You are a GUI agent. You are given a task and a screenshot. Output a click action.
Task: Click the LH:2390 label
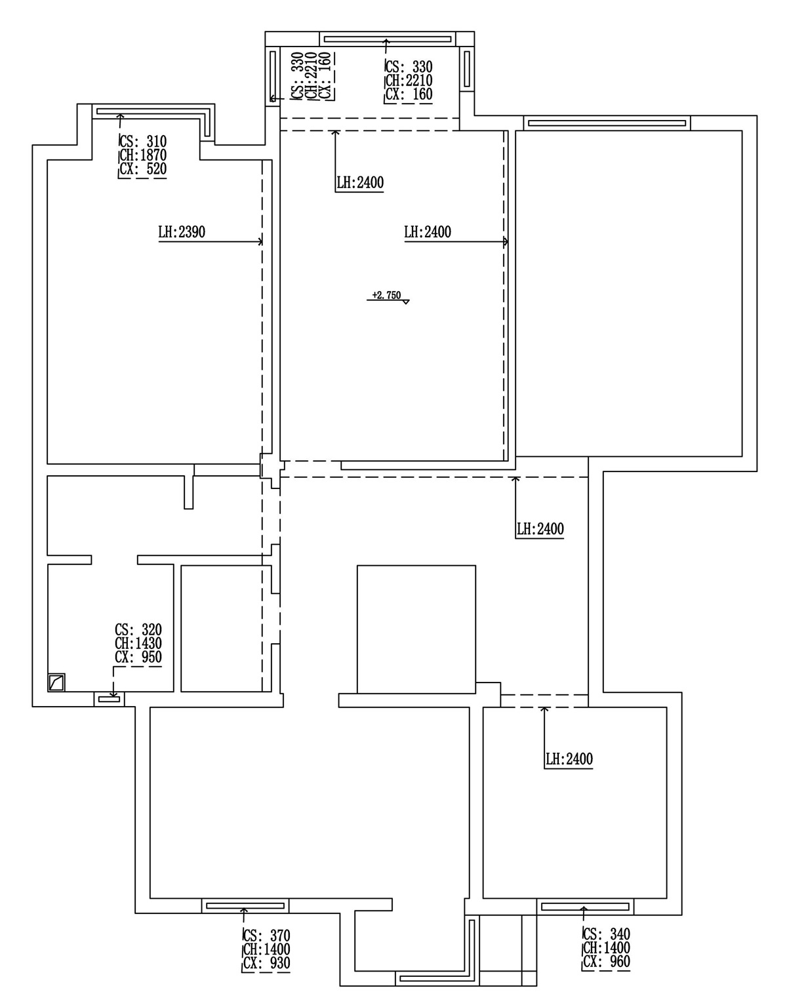(182, 232)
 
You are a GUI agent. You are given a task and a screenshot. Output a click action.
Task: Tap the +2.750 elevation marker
(386, 296)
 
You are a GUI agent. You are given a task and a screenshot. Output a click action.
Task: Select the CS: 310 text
(143, 142)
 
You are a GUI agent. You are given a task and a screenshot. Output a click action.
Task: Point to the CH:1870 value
(143, 155)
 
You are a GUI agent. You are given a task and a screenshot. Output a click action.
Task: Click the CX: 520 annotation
(143, 169)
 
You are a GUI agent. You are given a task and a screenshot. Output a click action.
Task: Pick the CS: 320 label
(138, 630)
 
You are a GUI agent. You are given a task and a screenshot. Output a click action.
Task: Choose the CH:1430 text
(138, 644)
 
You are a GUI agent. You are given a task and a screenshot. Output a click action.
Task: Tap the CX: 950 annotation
(138, 658)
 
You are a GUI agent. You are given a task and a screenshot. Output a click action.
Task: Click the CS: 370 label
(266, 936)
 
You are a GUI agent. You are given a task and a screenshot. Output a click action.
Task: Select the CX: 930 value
(266, 963)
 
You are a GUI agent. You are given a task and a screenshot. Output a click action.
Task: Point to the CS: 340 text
(606, 934)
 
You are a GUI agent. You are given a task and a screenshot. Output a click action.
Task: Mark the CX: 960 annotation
(606, 962)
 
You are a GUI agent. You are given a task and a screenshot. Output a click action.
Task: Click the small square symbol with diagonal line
(57, 682)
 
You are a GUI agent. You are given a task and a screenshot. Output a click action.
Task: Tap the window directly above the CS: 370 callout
(245, 906)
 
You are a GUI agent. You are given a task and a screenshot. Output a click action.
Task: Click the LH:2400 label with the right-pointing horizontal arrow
(428, 232)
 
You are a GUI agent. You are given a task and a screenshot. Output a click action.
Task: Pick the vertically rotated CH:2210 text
(312, 76)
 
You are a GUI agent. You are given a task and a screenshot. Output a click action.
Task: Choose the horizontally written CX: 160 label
(409, 94)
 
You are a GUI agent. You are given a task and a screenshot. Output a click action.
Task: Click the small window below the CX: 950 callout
(110, 700)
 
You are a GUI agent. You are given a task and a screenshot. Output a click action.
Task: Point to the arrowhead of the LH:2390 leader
(261, 242)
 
